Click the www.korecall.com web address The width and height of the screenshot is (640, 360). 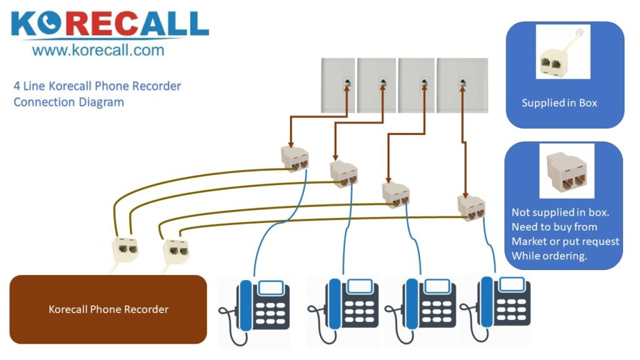(98, 50)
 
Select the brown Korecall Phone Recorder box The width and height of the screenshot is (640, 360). (108, 309)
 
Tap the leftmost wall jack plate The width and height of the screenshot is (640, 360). (338, 85)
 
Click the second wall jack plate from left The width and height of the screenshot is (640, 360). (377, 85)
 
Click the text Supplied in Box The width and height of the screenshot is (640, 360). (559, 103)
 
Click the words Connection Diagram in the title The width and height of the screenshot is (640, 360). (69, 102)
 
